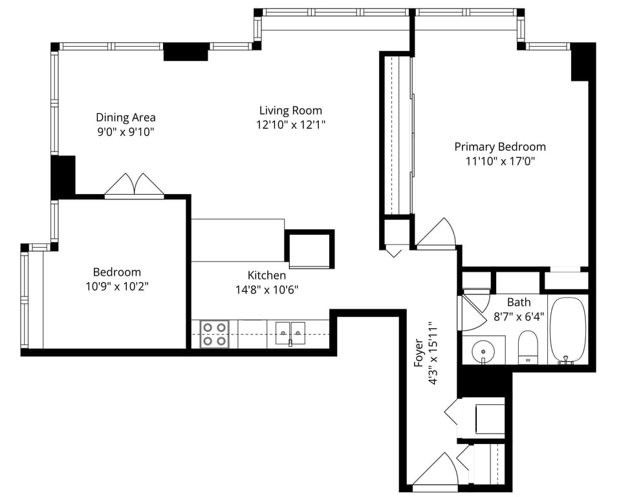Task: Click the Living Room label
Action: pos(290,110)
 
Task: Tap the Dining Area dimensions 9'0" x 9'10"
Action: pos(125,131)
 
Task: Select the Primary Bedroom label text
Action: pos(500,147)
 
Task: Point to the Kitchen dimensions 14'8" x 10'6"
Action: pos(267,290)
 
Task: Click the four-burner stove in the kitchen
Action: pos(214,334)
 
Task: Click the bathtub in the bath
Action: pos(567,330)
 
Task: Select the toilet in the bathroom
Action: pos(527,346)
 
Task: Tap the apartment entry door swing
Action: pos(435,469)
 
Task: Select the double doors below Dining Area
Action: pos(135,185)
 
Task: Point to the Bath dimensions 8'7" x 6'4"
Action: pos(519,316)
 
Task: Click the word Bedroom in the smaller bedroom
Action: pos(117,272)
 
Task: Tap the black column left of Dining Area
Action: pos(63,177)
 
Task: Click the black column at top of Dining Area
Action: pos(186,52)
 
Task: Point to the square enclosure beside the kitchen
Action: pos(310,249)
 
